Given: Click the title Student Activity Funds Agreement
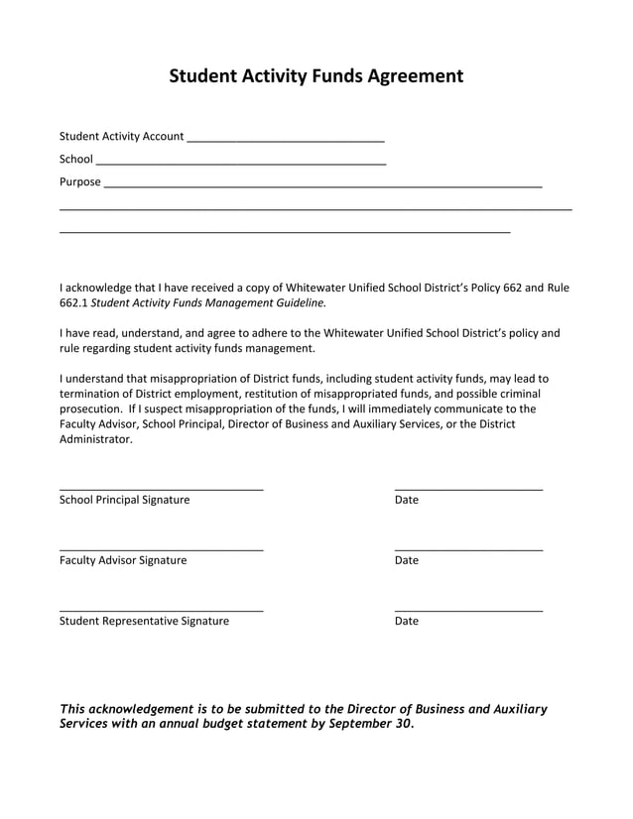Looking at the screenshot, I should (x=316, y=76).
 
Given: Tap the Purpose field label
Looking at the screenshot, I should (x=79, y=181).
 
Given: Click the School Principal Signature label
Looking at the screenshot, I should (x=124, y=500).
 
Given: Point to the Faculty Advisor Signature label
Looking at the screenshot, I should (x=122, y=560).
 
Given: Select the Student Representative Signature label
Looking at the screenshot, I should (x=144, y=621).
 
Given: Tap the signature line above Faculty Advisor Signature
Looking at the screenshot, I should (x=161, y=548).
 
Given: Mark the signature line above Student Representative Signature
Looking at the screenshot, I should (x=161, y=609).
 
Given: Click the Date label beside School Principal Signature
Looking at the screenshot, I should (x=406, y=500).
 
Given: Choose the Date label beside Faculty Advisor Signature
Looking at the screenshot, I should (x=406, y=560).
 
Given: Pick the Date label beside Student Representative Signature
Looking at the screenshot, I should (x=406, y=621).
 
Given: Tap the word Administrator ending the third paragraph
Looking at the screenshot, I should (x=94, y=439).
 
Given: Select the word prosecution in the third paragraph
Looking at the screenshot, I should (x=90, y=409).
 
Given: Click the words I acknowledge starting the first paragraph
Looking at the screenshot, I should (x=94, y=288).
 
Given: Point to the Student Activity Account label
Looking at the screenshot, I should (x=121, y=136).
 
